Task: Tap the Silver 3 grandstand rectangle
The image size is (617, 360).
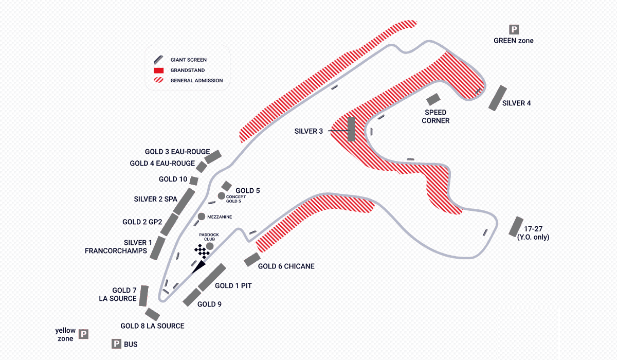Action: point(352,129)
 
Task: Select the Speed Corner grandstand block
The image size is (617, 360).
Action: point(433,100)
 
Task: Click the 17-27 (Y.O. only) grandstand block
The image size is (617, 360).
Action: point(515,226)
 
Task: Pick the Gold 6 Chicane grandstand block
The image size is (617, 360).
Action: point(251,260)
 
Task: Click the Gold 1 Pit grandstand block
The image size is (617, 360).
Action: point(212,277)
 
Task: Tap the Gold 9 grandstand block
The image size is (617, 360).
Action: point(191,297)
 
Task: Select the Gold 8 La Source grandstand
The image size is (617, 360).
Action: point(153,314)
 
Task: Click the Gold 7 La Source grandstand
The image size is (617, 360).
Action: point(144,296)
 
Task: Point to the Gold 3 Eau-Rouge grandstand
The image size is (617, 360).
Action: point(213,156)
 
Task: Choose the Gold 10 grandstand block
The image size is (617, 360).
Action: point(194,180)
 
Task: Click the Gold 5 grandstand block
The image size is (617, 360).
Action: point(227,186)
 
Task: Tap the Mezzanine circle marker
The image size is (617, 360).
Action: point(201,217)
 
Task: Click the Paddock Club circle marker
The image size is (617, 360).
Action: point(210,246)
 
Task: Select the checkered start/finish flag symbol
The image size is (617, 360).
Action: point(202,251)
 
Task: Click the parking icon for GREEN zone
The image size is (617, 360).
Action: point(514,29)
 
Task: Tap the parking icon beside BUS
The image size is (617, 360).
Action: point(117,344)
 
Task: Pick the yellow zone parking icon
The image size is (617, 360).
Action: point(83,334)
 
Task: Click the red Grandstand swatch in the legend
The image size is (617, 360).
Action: point(159,70)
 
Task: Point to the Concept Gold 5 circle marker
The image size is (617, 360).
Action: point(221,196)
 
